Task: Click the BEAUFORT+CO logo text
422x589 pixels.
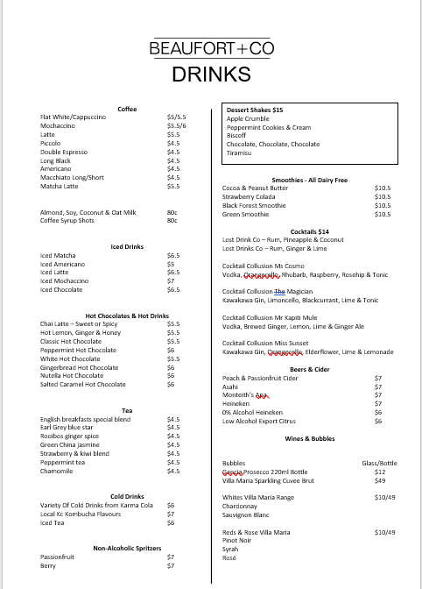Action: tap(211, 50)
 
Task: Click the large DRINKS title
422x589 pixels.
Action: tap(211, 75)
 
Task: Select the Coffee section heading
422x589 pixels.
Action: tap(127, 109)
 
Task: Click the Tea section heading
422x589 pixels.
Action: tap(127, 410)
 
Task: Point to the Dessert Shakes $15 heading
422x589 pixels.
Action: tap(255, 110)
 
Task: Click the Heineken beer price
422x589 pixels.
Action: tap(378, 403)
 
